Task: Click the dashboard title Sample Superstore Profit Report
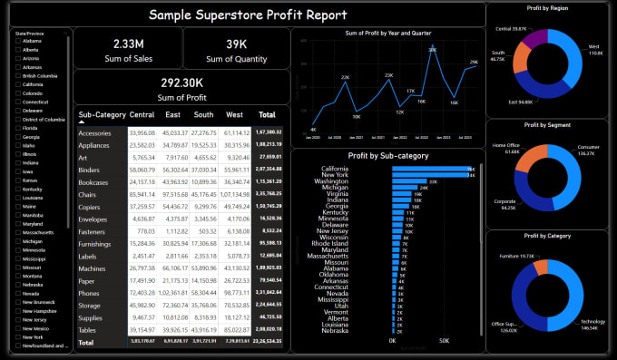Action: pos(247,15)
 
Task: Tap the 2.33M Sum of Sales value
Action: pos(128,44)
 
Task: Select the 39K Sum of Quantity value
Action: pos(236,44)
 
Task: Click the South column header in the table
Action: pos(204,115)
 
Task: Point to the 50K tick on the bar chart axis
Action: pos(445,342)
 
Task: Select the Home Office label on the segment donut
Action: pos(506,148)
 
